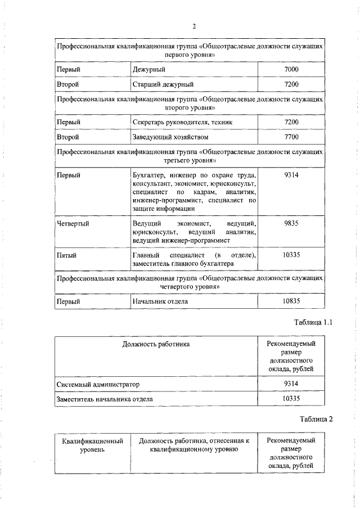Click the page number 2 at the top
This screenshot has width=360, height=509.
point(193,26)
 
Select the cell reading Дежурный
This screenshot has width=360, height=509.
point(147,69)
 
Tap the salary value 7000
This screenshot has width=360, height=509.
point(291,69)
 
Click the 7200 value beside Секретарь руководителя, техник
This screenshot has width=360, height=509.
point(291,122)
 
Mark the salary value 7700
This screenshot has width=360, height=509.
point(291,137)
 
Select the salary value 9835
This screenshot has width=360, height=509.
point(291,223)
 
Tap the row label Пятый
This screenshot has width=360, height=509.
point(67,255)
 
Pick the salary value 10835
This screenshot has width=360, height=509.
point(291,301)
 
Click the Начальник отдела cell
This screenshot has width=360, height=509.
point(160,301)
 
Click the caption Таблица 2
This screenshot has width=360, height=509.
point(317,420)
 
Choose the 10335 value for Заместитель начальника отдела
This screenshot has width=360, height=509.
point(291,399)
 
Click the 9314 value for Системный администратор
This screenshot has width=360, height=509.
point(291,384)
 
